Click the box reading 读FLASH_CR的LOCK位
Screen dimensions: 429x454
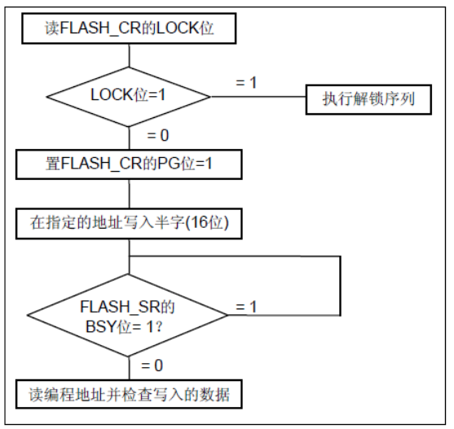[x=129, y=30]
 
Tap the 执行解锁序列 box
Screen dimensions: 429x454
[x=368, y=100]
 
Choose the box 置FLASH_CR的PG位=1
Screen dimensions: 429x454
[x=129, y=165]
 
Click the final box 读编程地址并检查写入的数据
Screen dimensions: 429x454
[x=129, y=395]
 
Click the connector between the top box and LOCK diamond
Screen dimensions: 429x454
[x=129, y=55]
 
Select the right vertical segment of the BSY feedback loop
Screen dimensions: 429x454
[x=339, y=285]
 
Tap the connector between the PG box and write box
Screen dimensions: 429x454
[x=129, y=194]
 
